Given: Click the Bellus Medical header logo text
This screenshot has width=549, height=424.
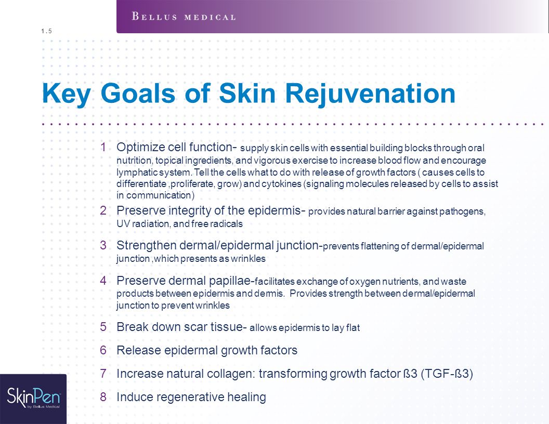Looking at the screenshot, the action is pyautogui.click(x=184, y=17).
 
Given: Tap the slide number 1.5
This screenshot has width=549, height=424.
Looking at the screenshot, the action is pyautogui.click(x=46, y=31).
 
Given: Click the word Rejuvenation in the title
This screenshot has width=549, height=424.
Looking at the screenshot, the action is pyautogui.click(x=370, y=94).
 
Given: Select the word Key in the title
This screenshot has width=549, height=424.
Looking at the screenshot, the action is pyautogui.click(x=66, y=94).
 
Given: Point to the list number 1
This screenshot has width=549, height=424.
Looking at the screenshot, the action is pyautogui.click(x=103, y=147).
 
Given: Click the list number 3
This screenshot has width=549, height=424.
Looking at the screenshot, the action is pyautogui.click(x=103, y=245).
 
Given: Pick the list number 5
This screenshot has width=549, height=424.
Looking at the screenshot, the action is pyautogui.click(x=103, y=327).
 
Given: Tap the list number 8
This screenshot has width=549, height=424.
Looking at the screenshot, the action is pyautogui.click(x=103, y=397).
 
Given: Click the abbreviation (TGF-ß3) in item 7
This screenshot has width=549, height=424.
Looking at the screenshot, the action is pyautogui.click(x=447, y=374).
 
